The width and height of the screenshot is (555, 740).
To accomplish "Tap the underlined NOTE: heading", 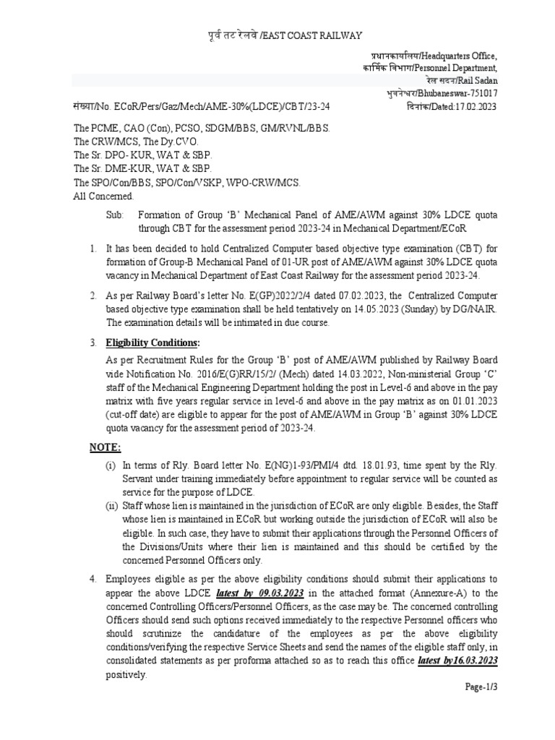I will click(106, 447).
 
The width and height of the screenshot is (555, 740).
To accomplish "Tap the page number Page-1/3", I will click(481, 687).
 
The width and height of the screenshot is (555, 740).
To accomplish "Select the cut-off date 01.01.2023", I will click(473, 401).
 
